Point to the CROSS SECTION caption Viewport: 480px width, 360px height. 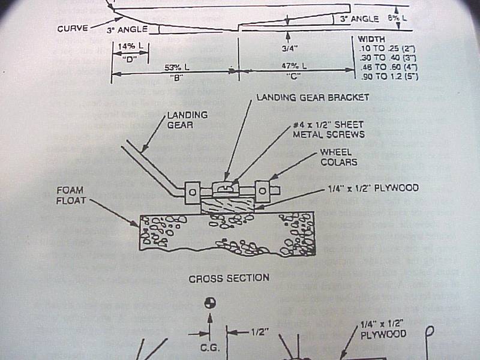(x=229, y=278)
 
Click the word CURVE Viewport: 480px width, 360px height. (x=73, y=28)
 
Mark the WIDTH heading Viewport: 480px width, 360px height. (x=371, y=39)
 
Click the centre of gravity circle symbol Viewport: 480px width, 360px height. (x=209, y=304)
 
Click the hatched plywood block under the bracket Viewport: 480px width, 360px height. (x=228, y=206)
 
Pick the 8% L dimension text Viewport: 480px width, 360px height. (x=396, y=18)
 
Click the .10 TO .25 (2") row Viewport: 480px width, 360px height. (x=387, y=48)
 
